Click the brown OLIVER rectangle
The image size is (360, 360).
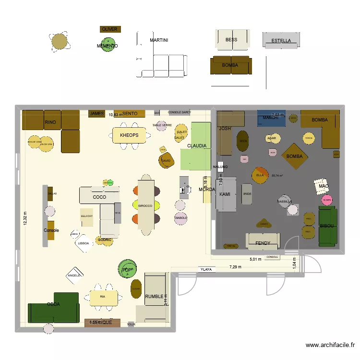(110, 29)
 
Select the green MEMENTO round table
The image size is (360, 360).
(108, 46)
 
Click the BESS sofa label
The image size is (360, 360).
(231, 40)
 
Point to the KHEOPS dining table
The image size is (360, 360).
(129, 135)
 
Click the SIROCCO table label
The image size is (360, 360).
(145, 206)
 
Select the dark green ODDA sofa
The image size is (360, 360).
(53, 307)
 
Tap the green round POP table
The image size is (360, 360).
(127, 270)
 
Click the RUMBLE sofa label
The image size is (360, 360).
(155, 297)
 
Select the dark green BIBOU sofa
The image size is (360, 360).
(328, 226)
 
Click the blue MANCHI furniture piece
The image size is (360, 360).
(271, 118)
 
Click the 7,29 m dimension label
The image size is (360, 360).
(236, 266)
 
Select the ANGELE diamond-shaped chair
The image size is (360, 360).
(74, 276)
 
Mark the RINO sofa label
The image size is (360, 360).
(50, 122)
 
